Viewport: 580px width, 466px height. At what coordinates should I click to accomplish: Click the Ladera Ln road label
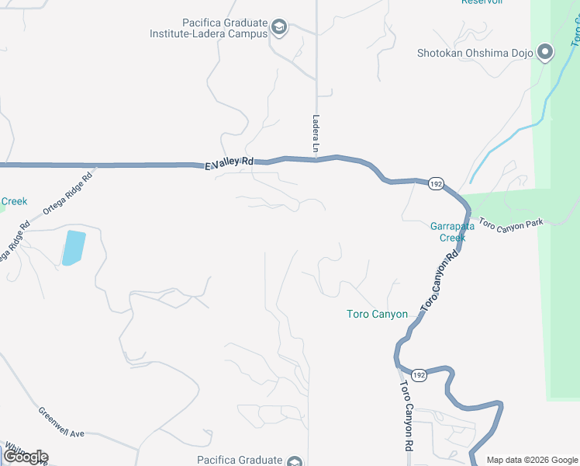pyautogui.click(x=316, y=134)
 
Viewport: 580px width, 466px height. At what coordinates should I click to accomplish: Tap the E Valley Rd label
pyautogui.click(x=230, y=164)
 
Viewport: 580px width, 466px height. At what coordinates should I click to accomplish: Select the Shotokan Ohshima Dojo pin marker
pyautogui.click(x=545, y=53)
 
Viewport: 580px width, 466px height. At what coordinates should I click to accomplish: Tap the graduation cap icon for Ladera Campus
pyautogui.click(x=278, y=30)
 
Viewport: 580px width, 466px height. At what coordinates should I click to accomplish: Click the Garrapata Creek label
pyautogui.click(x=447, y=232)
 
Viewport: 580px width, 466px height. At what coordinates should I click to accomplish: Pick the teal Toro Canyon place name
pyautogui.click(x=376, y=314)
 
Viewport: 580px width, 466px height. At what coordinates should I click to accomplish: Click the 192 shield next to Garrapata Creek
pyautogui.click(x=436, y=184)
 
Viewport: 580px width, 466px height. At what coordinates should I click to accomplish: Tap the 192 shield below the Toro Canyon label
pyautogui.click(x=418, y=374)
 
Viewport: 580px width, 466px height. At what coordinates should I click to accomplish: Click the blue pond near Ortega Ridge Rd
pyautogui.click(x=72, y=248)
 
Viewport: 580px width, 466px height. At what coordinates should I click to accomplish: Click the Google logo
pyautogui.click(x=25, y=457)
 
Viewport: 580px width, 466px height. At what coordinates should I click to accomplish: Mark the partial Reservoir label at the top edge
pyautogui.click(x=482, y=2)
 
